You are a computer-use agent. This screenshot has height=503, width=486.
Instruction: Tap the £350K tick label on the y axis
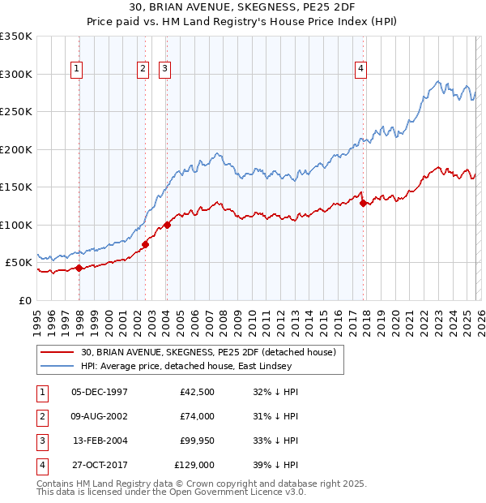point(16,37)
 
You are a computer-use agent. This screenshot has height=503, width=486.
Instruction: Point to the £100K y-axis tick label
point(16,225)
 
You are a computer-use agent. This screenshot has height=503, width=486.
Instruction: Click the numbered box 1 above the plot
point(76,70)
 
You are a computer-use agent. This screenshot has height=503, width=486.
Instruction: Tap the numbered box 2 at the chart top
point(143,70)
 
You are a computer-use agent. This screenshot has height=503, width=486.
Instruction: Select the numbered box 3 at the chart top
point(164,70)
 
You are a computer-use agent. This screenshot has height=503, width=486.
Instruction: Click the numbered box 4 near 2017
point(360,70)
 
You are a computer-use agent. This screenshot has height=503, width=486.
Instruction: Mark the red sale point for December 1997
point(79,268)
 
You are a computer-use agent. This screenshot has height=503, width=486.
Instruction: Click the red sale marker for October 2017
point(363,203)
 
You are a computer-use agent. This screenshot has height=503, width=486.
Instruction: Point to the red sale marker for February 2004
point(167,225)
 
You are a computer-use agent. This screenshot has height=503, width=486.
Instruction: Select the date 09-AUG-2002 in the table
point(100,416)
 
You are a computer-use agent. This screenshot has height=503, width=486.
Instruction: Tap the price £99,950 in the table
point(194,441)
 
